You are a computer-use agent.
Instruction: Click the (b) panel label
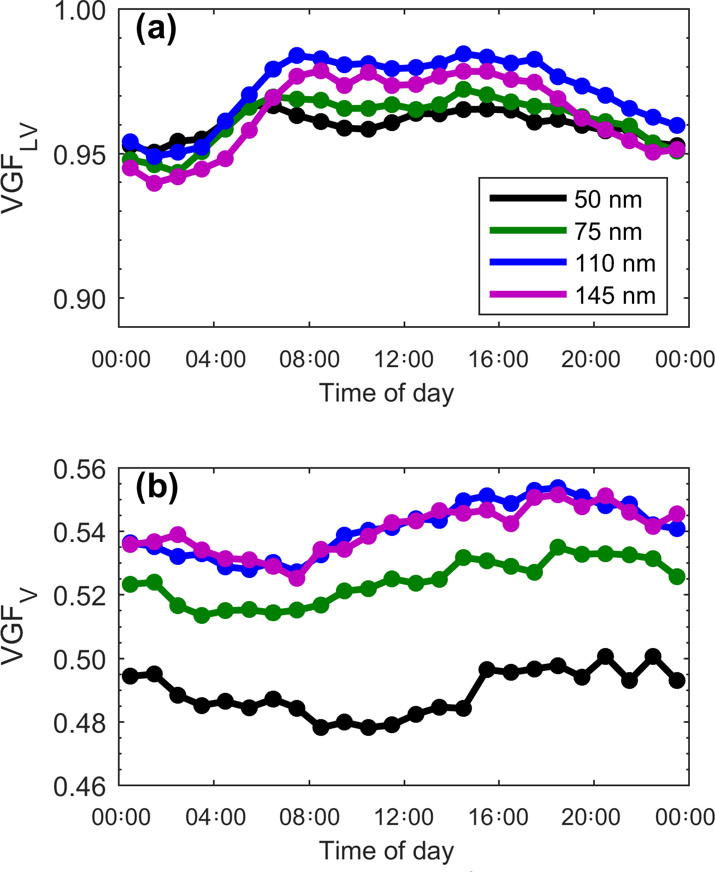pyautogui.click(x=157, y=486)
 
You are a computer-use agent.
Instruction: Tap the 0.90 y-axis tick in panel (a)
pyautogui.click(x=80, y=299)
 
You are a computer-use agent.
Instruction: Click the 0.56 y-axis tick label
pyautogui.click(x=80, y=470)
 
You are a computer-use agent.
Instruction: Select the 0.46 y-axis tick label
pyautogui.click(x=80, y=787)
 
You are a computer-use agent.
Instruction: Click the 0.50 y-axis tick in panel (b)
pyautogui.click(x=80, y=660)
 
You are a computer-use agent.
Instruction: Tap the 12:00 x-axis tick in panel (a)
pyautogui.click(x=404, y=360)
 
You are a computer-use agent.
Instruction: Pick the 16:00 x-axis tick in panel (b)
pyautogui.click(x=499, y=817)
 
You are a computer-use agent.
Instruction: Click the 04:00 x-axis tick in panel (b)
pyautogui.click(x=215, y=817)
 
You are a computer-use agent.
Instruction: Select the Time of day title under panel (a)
pyautogui.click(x=387, y=393)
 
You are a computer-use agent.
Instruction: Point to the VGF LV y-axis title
pyautogui.click(x=21, y=168)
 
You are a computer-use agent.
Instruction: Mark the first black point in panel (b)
pyautogui.click(x=130, y=676)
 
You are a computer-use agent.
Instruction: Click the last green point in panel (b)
pyautogui.click(x=677, y=577)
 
